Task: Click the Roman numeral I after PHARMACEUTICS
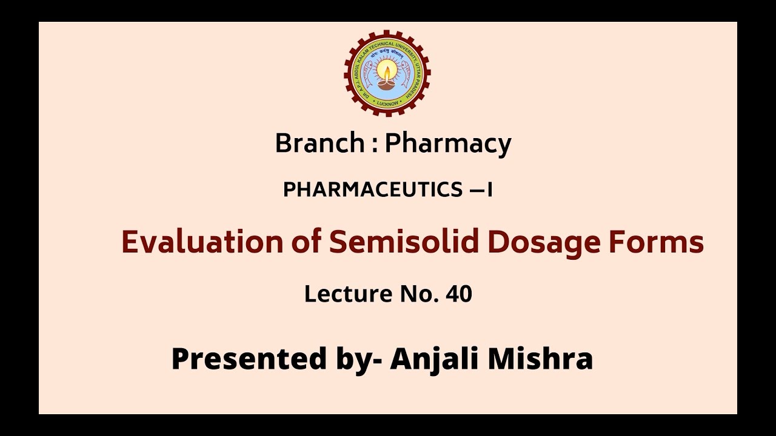pyautogui.click(x=489, y=190)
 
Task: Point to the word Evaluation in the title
pyautogui.click(x=202, y=242)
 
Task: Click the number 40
pyautogui.click(x=458, y=294)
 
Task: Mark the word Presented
pyautogui.click(x=249, y=358)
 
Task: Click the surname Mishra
pyautogui.click(x=540, y=358)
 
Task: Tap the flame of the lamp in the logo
pyautogui.click(x=387, y=71)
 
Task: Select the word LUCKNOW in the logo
pyautogui.click(x=387, y=103)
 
